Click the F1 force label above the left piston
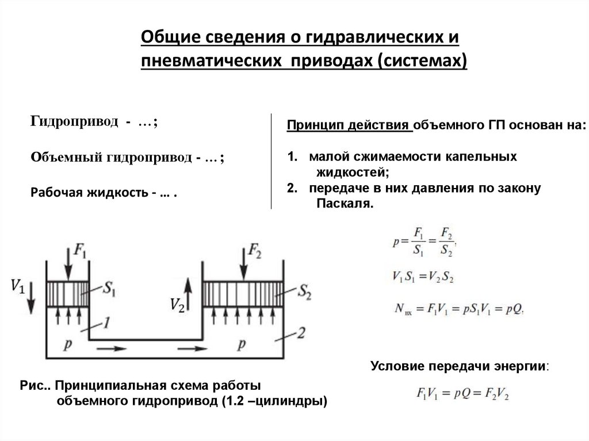click(79, 251)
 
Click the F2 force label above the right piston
click(255, 251)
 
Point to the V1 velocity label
click(18, 286)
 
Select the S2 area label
click(305, 292)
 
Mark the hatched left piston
click(68, 294)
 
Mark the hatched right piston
click(243, 294)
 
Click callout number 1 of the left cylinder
click(106, 323)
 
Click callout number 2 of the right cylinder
click(301, 333)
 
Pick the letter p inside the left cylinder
click(68, 344)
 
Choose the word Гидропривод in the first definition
click(74, 121)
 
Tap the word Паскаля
click(345, 204)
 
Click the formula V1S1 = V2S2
click(423, 277)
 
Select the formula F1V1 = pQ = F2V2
click(462, 393)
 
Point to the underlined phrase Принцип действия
click(349, 125)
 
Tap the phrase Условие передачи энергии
click(460, 366)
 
